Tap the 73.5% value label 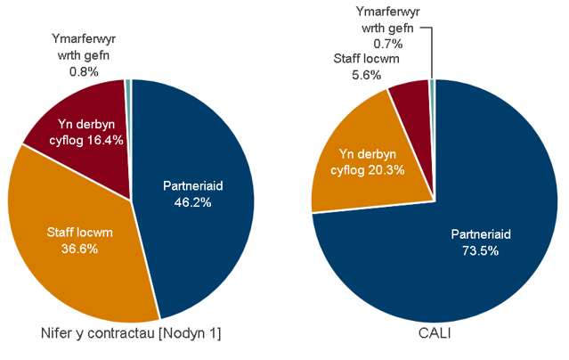[x=475, y=250]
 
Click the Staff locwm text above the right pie [x=366, y=60]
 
